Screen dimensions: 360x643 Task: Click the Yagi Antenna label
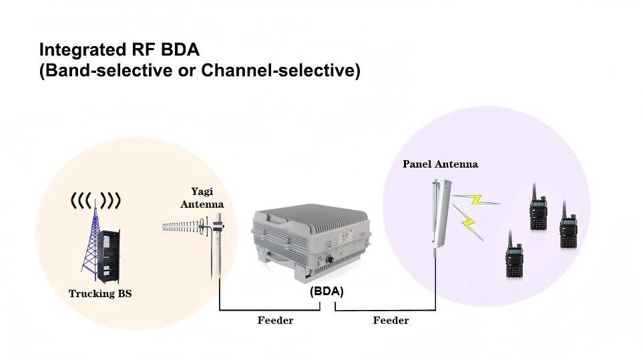coord(202,198)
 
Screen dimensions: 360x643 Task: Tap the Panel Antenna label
coord(440,164)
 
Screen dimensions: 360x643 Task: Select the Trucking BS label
coord(100,293)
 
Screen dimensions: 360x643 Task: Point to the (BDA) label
coord(327,291)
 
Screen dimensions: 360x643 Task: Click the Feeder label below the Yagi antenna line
coord(275,321)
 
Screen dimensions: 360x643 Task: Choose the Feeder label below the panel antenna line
coord(391,321)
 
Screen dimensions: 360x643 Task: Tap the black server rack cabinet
coord(109,256)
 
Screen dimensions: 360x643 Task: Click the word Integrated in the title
coord(81,50)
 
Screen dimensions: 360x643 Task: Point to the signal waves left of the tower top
coord(80,200)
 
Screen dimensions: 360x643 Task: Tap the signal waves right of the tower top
coord(112,200)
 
